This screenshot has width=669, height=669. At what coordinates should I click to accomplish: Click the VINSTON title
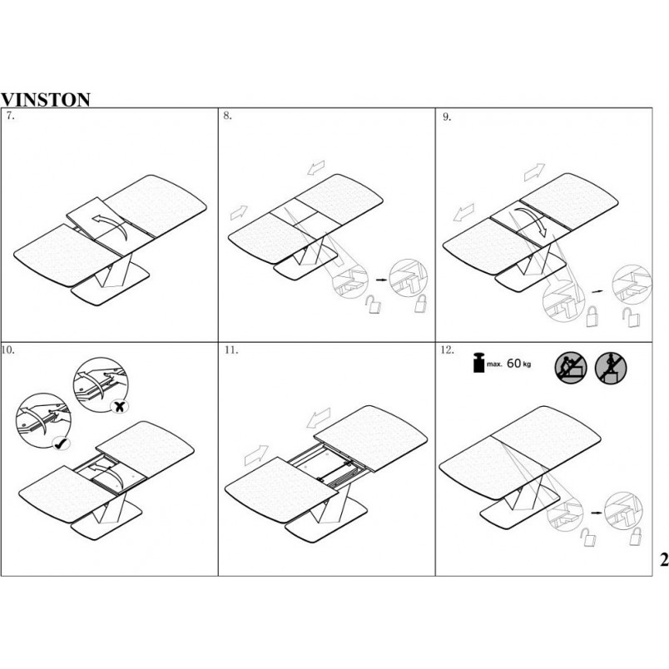45,100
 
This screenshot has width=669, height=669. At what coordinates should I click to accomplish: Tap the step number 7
10,116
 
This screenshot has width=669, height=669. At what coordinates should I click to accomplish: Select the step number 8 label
227,116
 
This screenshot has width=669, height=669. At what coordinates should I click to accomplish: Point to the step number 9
447,116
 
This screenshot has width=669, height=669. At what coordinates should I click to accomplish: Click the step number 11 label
231,350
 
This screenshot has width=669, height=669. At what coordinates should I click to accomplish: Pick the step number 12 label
447,350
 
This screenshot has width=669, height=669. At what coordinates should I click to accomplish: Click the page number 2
664,559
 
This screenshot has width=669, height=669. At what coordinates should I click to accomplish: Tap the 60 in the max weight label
513,363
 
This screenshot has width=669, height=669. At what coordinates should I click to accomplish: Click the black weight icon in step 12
479,363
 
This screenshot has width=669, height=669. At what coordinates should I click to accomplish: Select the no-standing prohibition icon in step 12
610,367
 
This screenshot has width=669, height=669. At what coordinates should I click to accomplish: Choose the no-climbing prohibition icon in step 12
571,367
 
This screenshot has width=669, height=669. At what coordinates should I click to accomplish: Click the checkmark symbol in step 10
62,444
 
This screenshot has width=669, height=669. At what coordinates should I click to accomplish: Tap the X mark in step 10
120,407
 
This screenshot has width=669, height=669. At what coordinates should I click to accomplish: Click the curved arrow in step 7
111,225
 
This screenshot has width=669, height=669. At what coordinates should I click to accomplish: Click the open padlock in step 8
374,305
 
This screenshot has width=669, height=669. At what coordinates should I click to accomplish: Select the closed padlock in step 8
422,304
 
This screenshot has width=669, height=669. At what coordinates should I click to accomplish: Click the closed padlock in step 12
636,536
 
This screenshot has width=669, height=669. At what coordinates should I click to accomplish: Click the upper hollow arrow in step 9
534,172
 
